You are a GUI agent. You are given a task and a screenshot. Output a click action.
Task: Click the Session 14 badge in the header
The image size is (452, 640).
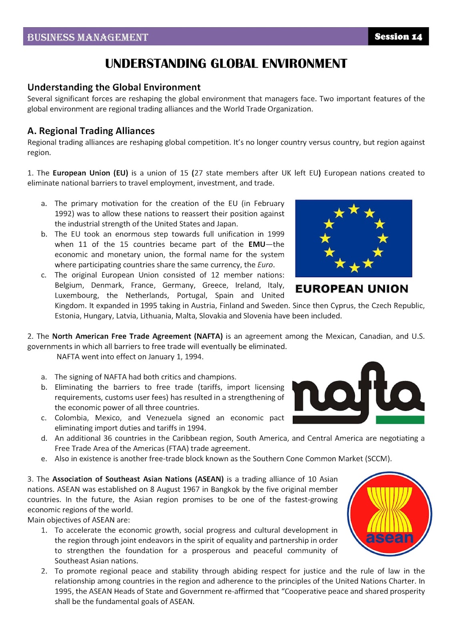tap(398, 36)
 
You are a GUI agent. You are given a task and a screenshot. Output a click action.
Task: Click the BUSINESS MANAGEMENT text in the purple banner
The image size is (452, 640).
tap(88, 37)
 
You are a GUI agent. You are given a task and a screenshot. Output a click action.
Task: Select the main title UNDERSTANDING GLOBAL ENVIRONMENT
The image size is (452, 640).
tap(226, 64)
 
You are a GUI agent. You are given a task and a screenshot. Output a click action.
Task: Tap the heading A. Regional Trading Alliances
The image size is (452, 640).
tap(91, 131)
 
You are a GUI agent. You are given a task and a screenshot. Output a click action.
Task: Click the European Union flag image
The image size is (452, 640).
tap(354, 238)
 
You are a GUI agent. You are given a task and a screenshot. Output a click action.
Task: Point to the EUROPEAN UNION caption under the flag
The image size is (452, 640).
tap(352, 289)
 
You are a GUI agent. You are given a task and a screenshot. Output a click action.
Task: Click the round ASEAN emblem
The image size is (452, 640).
tap(389, 514)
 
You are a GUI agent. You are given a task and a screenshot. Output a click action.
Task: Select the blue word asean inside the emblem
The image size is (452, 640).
tap(389, 538)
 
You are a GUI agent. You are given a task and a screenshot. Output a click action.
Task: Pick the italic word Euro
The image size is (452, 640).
tap(265, 265)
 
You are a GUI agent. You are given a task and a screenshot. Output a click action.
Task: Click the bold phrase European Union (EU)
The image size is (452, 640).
tap(90, 173)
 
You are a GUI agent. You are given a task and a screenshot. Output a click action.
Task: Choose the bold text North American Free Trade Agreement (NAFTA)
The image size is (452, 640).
tap(137, 336)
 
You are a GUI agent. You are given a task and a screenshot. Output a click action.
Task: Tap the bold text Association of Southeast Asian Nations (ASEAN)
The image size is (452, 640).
tap(138, 479)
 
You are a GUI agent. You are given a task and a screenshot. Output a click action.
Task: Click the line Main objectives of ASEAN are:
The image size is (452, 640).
tap(78, 520)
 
